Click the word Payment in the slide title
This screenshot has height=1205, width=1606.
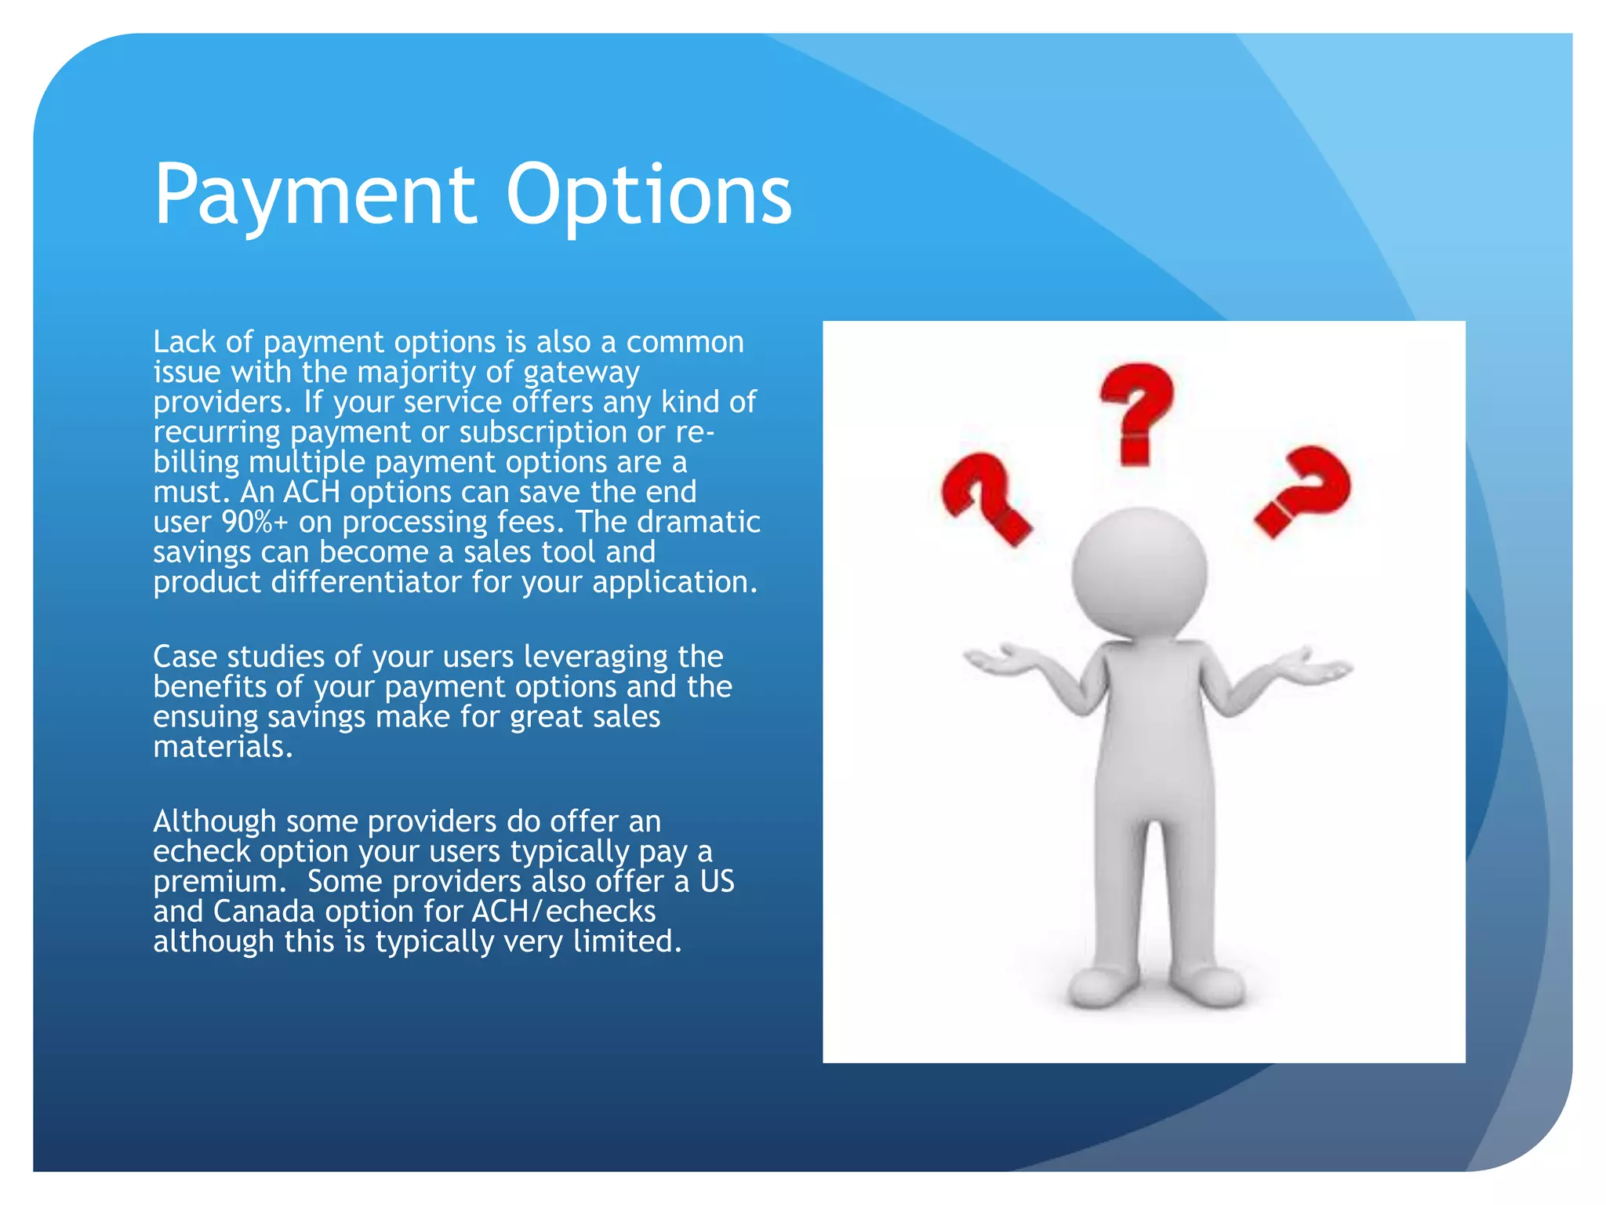pyautogui.click(x=314, y=195)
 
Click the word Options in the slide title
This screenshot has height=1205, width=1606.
pyautogui.click(x=649, y=195)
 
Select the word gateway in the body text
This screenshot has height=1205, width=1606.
pyautogui.click(x=581, y=373)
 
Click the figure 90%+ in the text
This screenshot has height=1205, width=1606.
pyautogui.click(x=255, y=522)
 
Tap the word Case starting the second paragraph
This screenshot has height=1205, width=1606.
pyautogui.click(x=184, y=657)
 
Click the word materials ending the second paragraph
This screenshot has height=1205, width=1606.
pyautogui.click(x=223, y=747)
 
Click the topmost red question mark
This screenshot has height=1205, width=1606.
pyautogui.click(x=1136, y=412)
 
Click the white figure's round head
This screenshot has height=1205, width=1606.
pyautogui.click(x=1139, y=573)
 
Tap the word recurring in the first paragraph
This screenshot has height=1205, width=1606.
pyautogui.click(x=216, y=432)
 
